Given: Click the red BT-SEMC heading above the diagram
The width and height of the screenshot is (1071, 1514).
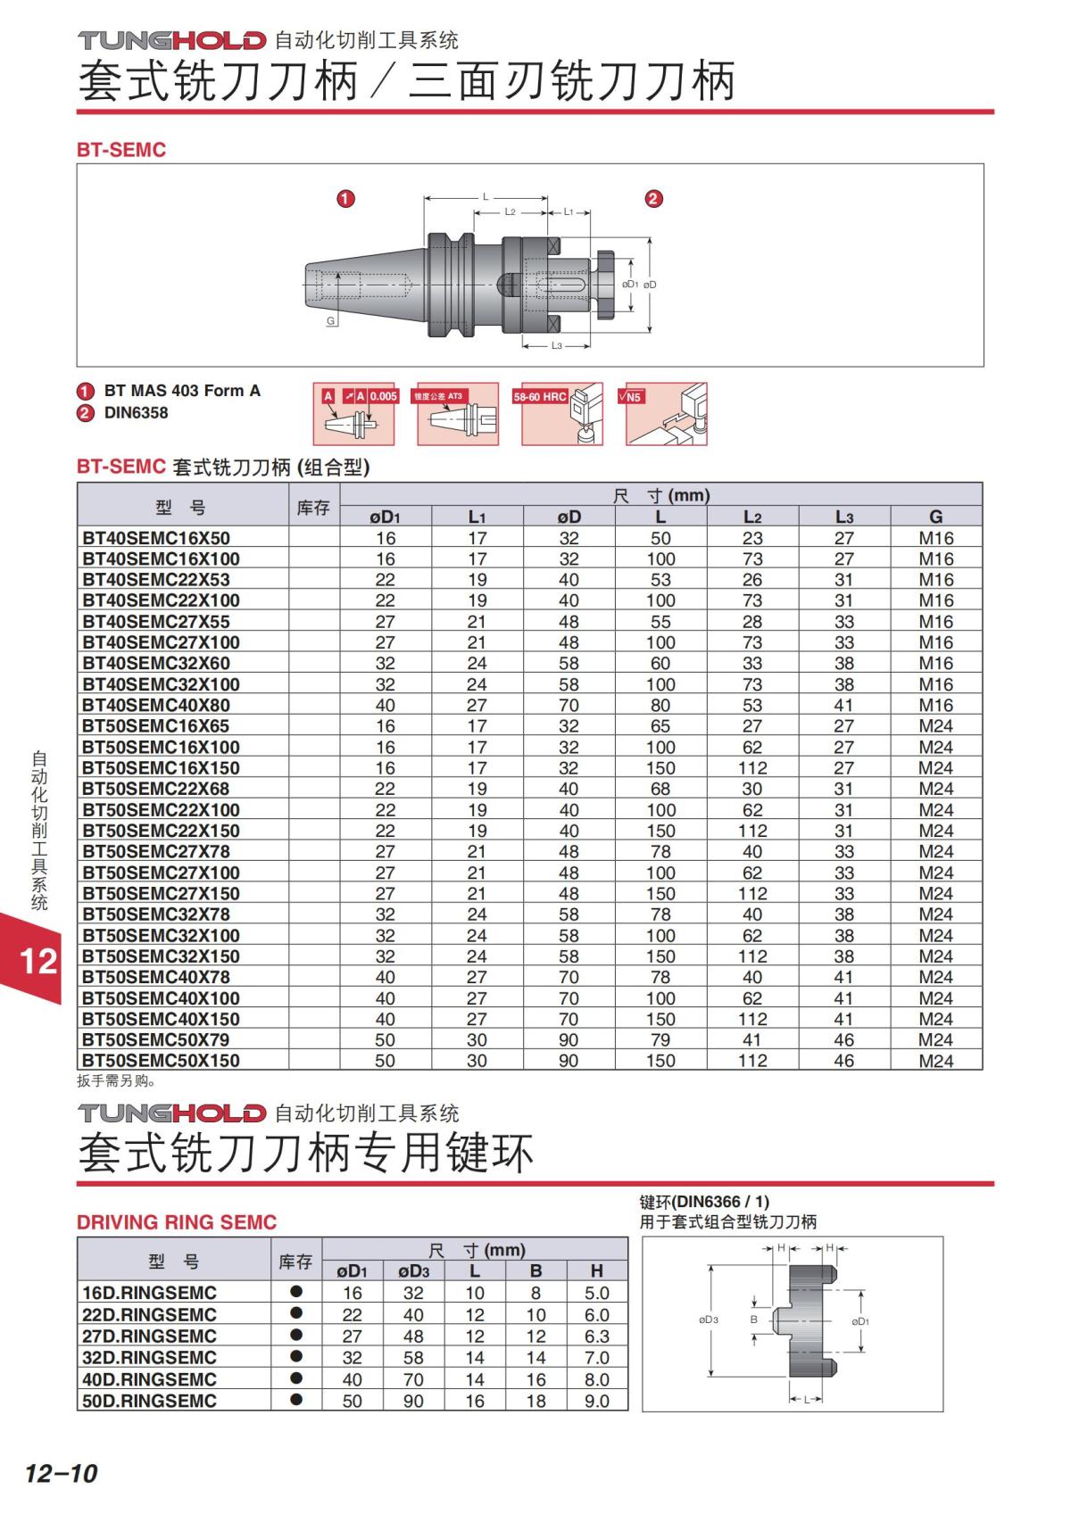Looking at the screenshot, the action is tap(121, 149).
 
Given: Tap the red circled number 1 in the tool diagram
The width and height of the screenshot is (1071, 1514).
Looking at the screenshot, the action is tap(345, 199).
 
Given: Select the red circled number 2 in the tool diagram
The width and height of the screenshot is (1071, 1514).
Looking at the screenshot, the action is tap(653, 199).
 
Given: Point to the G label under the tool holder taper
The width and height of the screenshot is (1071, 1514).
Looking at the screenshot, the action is tap(330, 320).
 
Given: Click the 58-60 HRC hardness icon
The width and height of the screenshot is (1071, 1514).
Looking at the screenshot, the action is tap(562, 414).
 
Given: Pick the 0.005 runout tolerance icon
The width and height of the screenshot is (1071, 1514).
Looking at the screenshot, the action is tap(353, 414).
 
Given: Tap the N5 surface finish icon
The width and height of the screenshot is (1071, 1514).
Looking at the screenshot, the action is tap(666, 414).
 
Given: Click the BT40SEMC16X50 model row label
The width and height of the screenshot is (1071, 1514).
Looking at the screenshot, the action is tap(156, 538).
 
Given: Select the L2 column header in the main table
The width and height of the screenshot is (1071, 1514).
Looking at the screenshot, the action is tap(751, 517).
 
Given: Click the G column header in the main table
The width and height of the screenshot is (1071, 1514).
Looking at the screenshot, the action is tap(935, 517).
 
